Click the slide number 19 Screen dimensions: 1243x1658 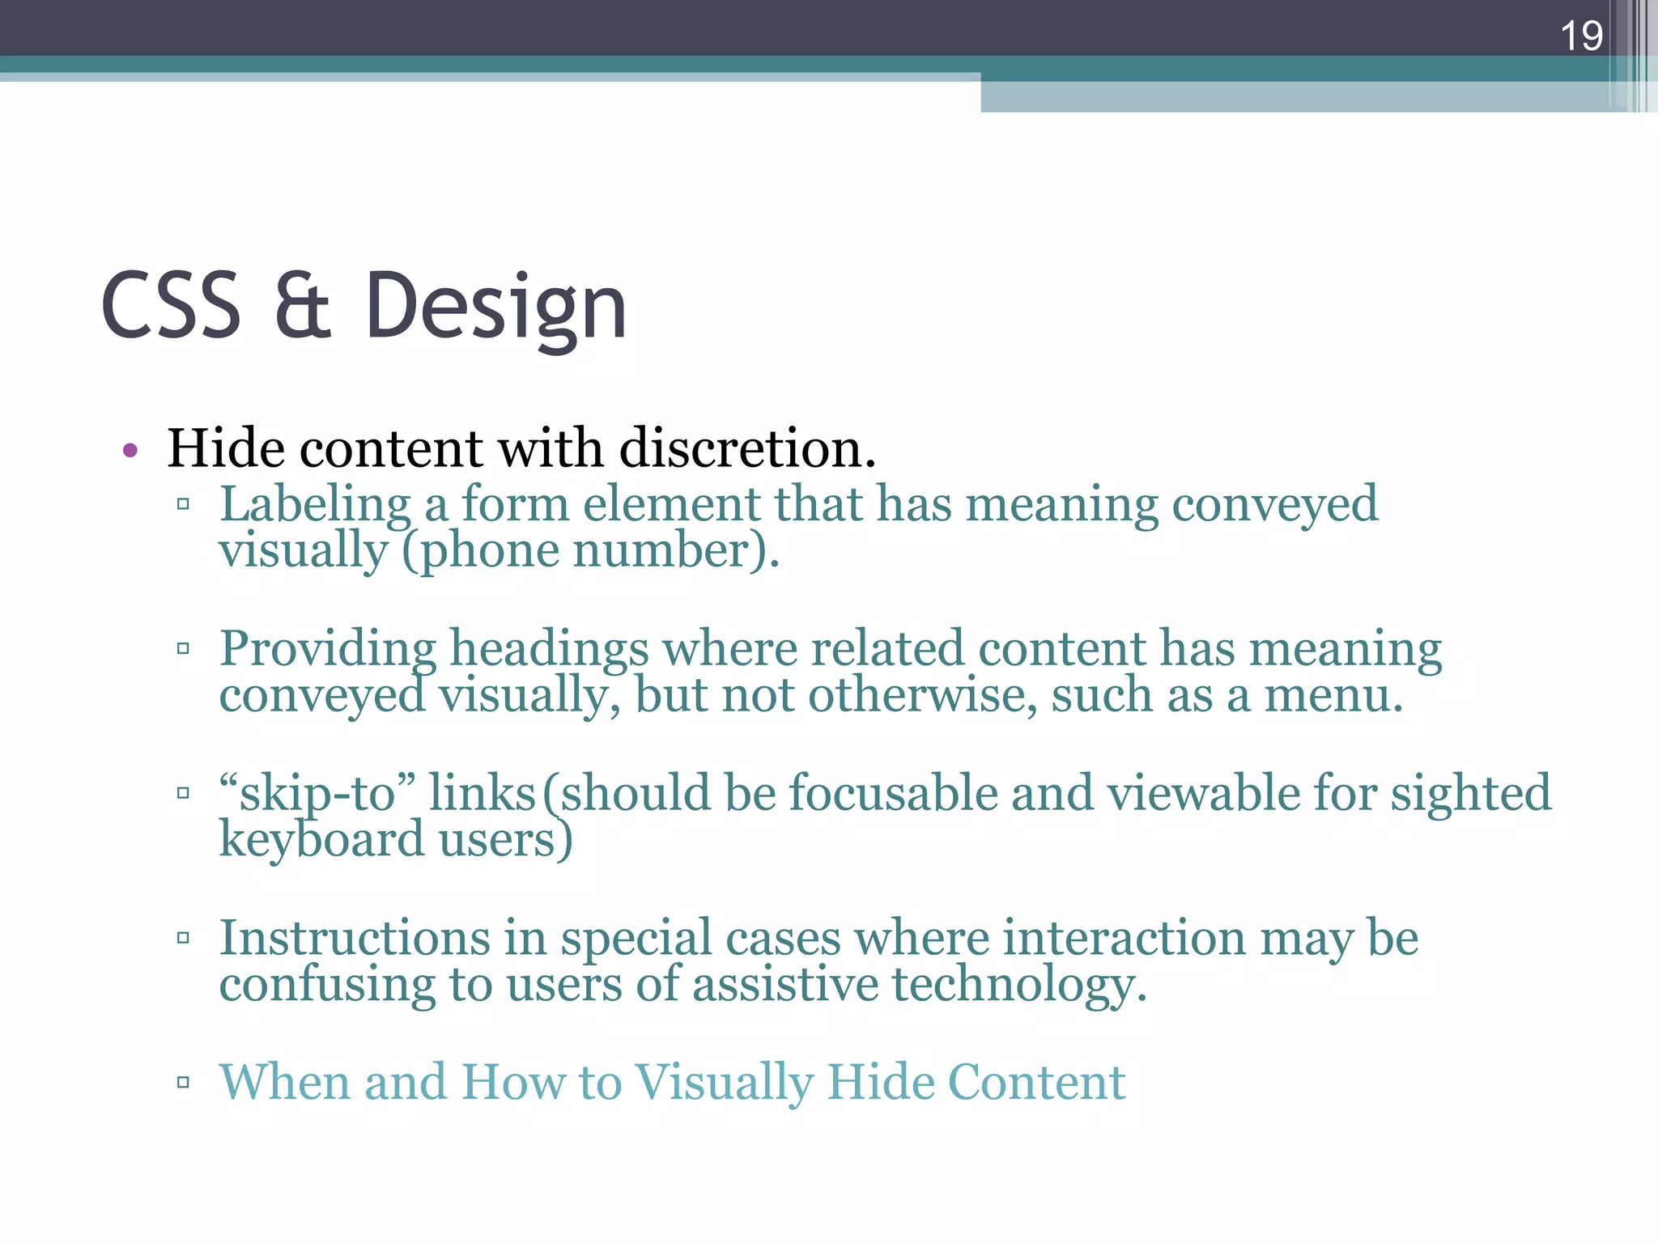pos(1580,36)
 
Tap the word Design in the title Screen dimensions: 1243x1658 pos(495,308)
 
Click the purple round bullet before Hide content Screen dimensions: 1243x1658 pos(130,451)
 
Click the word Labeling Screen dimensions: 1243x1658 pos(316,505)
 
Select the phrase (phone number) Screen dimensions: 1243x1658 pos(590,551)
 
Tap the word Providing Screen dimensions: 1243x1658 pos(328,650)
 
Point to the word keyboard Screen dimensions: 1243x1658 pos(321,839)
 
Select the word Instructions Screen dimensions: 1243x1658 pos(355,938)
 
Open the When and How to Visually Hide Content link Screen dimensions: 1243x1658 pos(672,1082)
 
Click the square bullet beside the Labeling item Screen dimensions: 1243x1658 pos(183,505)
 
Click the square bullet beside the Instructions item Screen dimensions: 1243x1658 pos(183,939)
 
